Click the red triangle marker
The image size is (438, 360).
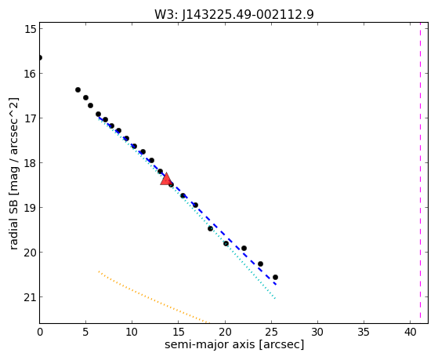click(166, 179)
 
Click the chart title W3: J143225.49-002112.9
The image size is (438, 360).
click(234, 15)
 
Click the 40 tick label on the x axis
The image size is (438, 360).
click(411, 332)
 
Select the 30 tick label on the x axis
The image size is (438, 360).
click(317, 332)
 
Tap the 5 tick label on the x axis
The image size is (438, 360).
click(85, 332)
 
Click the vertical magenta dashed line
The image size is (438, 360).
click(420, 173)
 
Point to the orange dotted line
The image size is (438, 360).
click(154, 297)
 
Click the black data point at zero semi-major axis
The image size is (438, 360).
click(40, 57)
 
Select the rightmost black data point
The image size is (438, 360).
click(275, 277)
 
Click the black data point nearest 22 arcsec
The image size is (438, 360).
click(244, 248)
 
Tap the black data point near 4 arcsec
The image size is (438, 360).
click(78, 89)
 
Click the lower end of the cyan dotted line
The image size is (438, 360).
click(276, 299)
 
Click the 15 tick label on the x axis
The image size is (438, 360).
click(179, 332)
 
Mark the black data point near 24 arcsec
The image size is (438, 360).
click(260, 264)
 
